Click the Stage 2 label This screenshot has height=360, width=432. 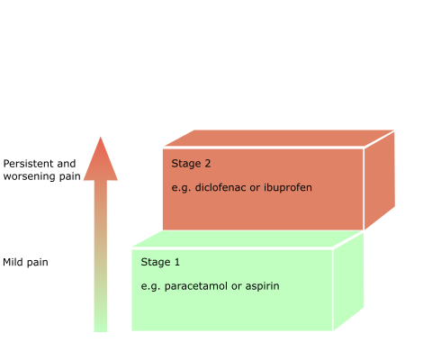click(191, 164)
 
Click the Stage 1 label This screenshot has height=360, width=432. click(160, 262)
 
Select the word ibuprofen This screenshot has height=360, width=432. click(288, 188)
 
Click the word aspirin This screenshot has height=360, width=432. click(263, 286)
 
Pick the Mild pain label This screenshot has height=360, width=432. click(25, 263)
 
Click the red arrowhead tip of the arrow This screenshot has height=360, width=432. click(101, 137)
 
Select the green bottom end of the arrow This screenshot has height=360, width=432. click(101, 331)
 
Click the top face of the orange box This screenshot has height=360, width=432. click(279, 138)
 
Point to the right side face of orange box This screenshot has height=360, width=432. click(380, 180)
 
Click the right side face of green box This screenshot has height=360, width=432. click(348, 282)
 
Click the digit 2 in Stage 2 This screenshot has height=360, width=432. click(208, 164)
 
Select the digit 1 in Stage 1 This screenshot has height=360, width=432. click(177, 262)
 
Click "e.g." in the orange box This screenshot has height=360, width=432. click(181, 188)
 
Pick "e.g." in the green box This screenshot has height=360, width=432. click(150, 287)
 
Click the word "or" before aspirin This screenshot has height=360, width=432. click(237, 287)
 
